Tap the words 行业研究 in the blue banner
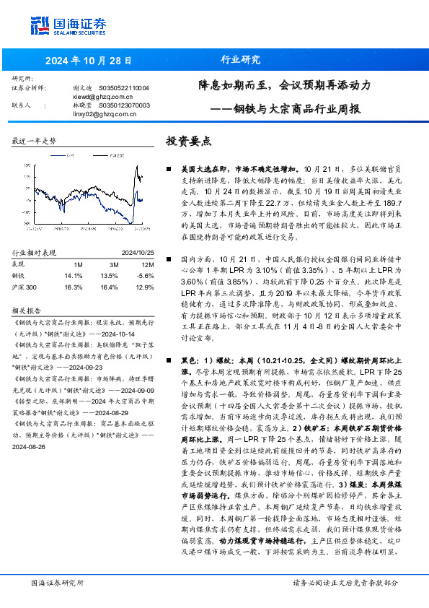click(235, 61)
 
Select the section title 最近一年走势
click(34, 142)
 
